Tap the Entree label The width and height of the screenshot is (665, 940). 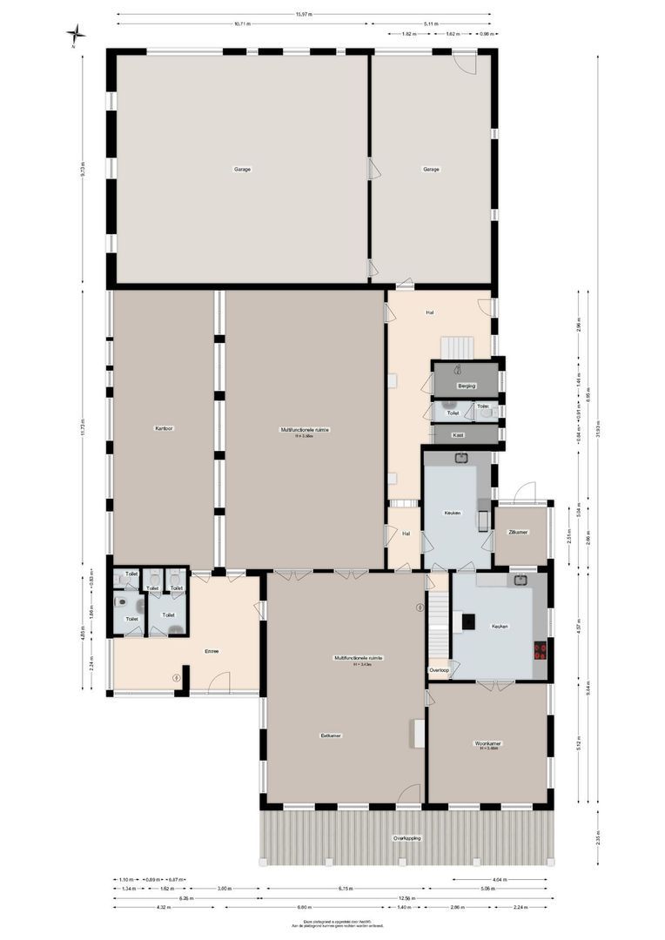coord(212,651)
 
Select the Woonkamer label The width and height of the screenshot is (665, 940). coord(487,743)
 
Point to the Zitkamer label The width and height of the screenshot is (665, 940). coord(519,532)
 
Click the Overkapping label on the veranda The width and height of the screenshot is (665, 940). coord(406,838)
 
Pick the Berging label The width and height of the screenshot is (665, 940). coord(467,385)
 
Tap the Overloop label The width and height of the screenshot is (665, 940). coord(439,670)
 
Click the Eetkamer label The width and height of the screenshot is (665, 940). coord(331,735)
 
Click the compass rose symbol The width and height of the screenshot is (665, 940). coord(77,34)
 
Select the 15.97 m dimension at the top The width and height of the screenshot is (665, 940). coord(303,15)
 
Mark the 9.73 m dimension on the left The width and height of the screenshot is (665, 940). coord(84,168)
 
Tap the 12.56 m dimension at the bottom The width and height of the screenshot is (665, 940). coord(407,898)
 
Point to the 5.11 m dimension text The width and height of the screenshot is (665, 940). coord(431,23)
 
